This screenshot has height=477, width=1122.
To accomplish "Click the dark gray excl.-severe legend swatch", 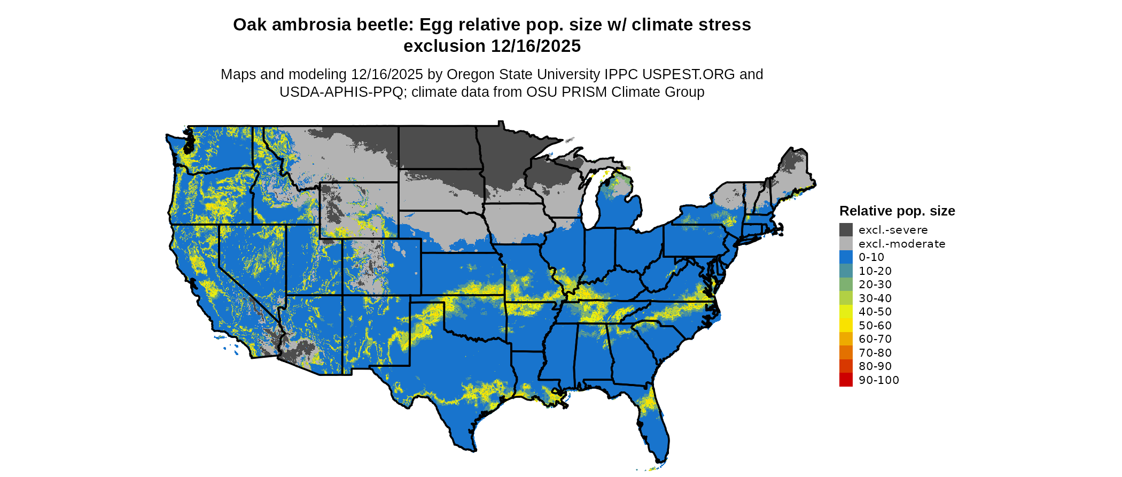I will pyautogui.click(x=846, y=230).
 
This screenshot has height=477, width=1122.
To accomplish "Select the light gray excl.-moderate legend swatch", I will pyautogui.click(x=846, y=244).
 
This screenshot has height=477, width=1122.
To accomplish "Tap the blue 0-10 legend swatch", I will pyautogui.click(x=846, y=257).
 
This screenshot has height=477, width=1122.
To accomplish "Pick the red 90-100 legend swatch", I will pyautogui.click(x=846, y=380).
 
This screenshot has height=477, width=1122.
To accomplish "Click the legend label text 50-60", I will pyautogui.click(x=875, y=326).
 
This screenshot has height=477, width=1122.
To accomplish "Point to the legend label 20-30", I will pyautogui.click(x=875, y=284).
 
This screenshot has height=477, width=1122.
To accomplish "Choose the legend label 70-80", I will pyautogui.click(x=875, y=353).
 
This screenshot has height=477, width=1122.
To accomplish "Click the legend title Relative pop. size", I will pyautogui.click(x=897, y=211).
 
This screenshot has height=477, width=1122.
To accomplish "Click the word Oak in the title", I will pyautogui.click(x=249, y=25).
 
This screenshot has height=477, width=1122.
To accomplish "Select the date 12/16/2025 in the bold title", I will pyautogui.click(x=536, y=46).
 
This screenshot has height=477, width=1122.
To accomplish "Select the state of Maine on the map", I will pyautogui.click(x=793, y=171).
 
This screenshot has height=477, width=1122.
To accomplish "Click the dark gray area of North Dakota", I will pyautogui.click(x=437, y=147).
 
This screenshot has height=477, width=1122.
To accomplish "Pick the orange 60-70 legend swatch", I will pyautogui.click(x=846, y=339).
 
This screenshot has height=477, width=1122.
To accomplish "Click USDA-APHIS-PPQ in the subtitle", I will pyautogui.click(x=341, y=92).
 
